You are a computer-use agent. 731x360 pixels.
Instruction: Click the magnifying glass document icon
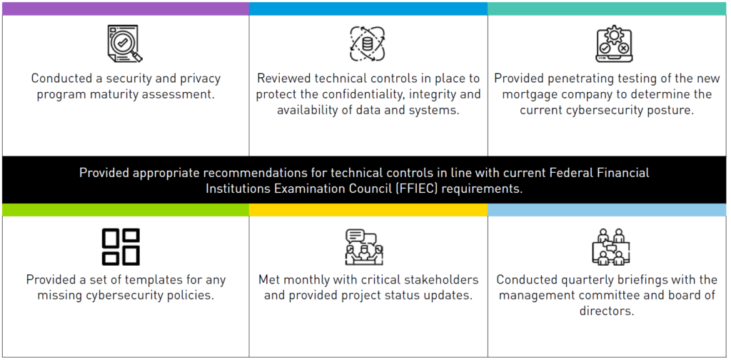coord(124,44)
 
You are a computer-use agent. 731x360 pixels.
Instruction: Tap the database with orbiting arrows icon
coord(368,44)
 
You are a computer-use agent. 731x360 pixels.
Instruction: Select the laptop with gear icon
coord(613,44)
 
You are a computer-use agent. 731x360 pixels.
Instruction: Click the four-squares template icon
coord(121,246)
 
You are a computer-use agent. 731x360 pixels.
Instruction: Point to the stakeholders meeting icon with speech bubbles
coord(364,247)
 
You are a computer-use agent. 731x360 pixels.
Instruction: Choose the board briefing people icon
coord(610,246)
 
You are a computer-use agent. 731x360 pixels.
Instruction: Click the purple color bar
coord(126,9)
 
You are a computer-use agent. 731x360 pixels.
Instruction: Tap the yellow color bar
coord(368,210)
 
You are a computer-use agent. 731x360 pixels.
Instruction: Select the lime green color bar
coord(126,210)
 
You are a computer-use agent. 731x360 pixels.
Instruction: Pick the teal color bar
coord(607,9)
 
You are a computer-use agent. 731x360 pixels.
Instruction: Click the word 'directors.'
coord(607,311)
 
